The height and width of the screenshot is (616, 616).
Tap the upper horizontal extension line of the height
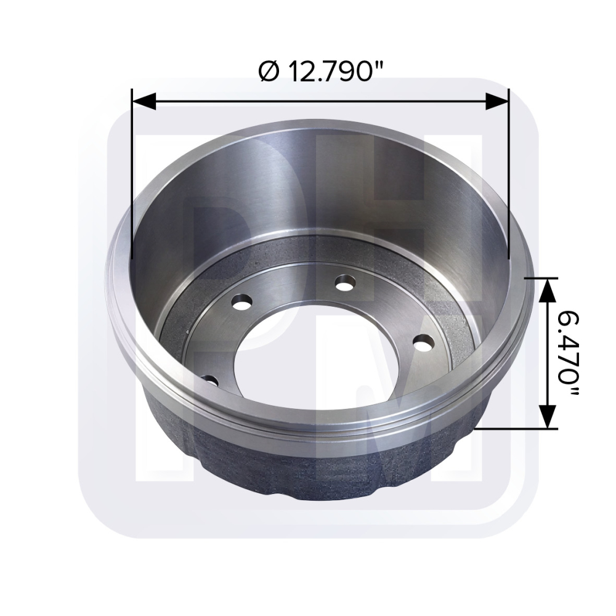tap(540, 278)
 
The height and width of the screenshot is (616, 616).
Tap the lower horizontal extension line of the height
tap(517, 428)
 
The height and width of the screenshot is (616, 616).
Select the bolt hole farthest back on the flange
tap(345, 283)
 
